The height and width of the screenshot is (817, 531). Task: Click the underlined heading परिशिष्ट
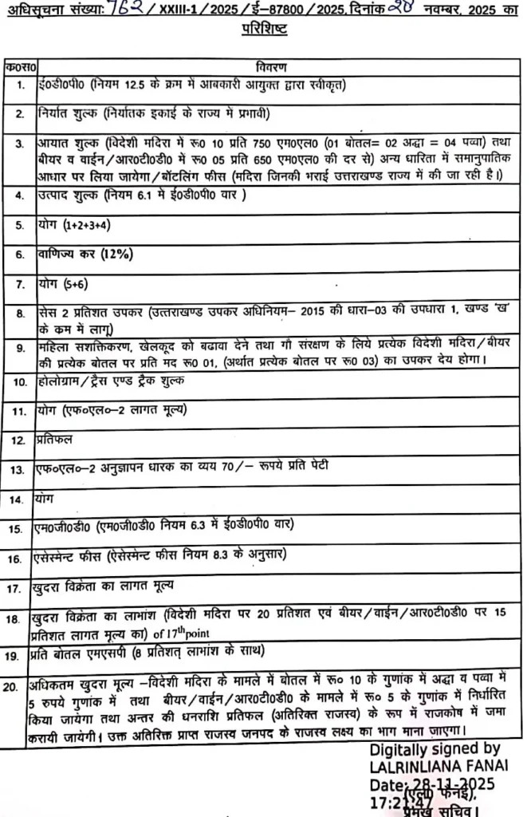(265, 30)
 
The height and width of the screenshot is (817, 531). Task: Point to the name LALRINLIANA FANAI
(438, 765)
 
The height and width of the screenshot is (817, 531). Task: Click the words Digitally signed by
(435, 749)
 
